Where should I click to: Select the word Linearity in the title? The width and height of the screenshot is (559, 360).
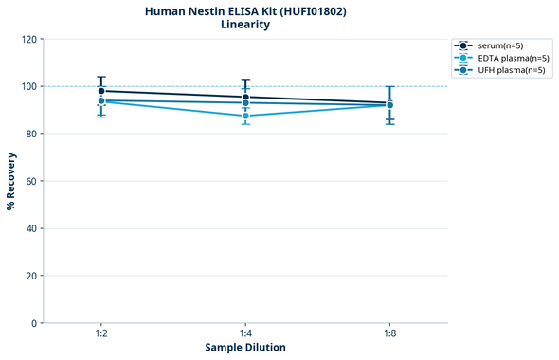click(x=245, y=25)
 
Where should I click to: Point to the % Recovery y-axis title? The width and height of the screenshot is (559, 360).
click(x=11, y=181)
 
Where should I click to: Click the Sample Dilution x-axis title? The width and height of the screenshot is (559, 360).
click(x=245, y=348)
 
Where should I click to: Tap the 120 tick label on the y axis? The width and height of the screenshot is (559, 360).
click(x=28, y=39)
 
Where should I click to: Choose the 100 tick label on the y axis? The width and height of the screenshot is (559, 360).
click(x=28, y=86)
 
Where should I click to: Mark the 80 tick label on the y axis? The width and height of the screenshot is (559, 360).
click(x=31, y=134)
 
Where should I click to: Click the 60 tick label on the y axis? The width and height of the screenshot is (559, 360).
click(x=31, y=181)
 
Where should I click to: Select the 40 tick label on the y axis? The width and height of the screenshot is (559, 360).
click(x=31, y=228)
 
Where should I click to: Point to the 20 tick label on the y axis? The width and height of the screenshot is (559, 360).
click(x=31, y=276)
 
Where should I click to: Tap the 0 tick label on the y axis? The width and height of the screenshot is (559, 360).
click(x=34, y=323)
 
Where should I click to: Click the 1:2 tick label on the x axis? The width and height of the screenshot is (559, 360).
click(x=101, y=333)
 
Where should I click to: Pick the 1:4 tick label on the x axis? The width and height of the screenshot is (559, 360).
click(x=245, y=333)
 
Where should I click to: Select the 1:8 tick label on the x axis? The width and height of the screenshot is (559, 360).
click(x=389, y=333)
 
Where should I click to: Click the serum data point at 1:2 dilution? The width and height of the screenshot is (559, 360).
click(x=101, y=91)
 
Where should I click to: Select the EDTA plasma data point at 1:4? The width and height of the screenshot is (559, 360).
click(x=245, y=116)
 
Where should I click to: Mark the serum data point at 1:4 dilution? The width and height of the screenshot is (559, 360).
click(x=245, y=97)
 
